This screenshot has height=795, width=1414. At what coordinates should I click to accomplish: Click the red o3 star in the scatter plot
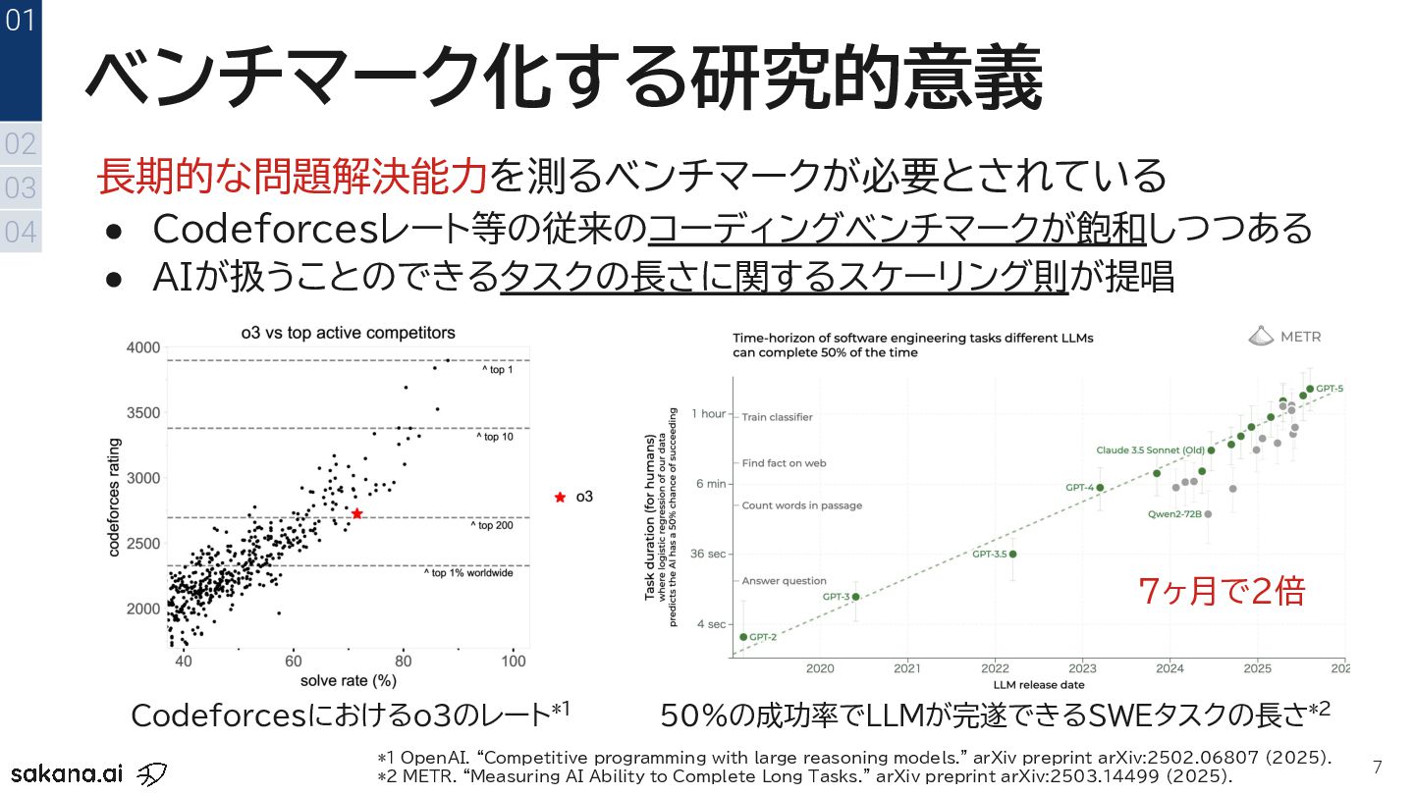pyautogui.click(x=357, y=513)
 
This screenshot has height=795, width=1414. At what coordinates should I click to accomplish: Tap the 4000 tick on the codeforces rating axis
pyautogui.click(x=142, y=347)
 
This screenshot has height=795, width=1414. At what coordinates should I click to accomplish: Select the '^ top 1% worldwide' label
pyautogui.click(x=468, y=573)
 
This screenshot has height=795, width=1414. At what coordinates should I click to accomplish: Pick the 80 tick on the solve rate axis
pyautogui.click(x=404, y=662)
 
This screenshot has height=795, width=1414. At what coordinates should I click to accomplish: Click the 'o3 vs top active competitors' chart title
pyautogui.click(x=349, y=333)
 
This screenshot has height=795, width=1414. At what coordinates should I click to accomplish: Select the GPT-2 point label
pyautogui.click(x=763, y=637)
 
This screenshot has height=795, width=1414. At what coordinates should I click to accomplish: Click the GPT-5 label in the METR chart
pyautogui.click(x=1330, y=389)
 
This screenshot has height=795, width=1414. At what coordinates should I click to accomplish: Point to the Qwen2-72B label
pyautogui.click(x=1174, y=513)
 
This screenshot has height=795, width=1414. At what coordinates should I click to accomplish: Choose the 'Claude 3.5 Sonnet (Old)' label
pyautogui.click(x=1150, y=450)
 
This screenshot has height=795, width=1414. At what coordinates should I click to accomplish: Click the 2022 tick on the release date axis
pyautogui.click(x=995, y=669)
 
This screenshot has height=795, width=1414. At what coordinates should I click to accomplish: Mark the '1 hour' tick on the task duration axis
pyautogui.click(x=707, y=414)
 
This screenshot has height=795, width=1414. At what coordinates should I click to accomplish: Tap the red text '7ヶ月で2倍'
pyautogui.click(x=1222, y=591)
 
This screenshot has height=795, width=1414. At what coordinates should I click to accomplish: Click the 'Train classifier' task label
pyautogui.click(x=777, y=417)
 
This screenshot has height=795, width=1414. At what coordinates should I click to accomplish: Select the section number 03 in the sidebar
pyautogui.click(x=21, y=187)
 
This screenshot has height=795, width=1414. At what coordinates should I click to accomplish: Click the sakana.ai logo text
pyautogui.click(x=67, y=771)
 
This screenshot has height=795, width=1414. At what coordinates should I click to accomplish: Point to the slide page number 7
pyautogui.click(x=1377, y=767)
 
